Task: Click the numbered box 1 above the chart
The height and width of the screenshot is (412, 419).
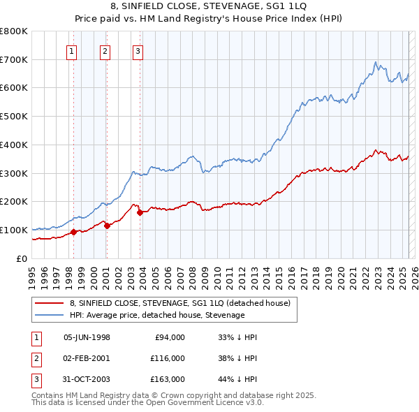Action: (73, 50)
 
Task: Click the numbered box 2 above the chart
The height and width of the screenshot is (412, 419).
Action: (105, 50)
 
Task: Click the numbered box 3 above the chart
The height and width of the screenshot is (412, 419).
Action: (138, 50)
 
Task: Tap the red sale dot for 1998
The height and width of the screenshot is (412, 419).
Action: (73, 232)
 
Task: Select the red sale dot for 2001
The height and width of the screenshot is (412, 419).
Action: (107, 226)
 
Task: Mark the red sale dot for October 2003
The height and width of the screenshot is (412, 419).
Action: (140, 212)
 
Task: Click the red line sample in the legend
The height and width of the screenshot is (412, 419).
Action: (50, 304)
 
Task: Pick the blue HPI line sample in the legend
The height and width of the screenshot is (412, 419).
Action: (50, 315)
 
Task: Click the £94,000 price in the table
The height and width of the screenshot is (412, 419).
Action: (169, 337)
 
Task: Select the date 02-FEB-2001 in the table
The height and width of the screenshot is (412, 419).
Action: (87, 358)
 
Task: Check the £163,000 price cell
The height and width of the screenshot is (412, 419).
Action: (167, 380)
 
